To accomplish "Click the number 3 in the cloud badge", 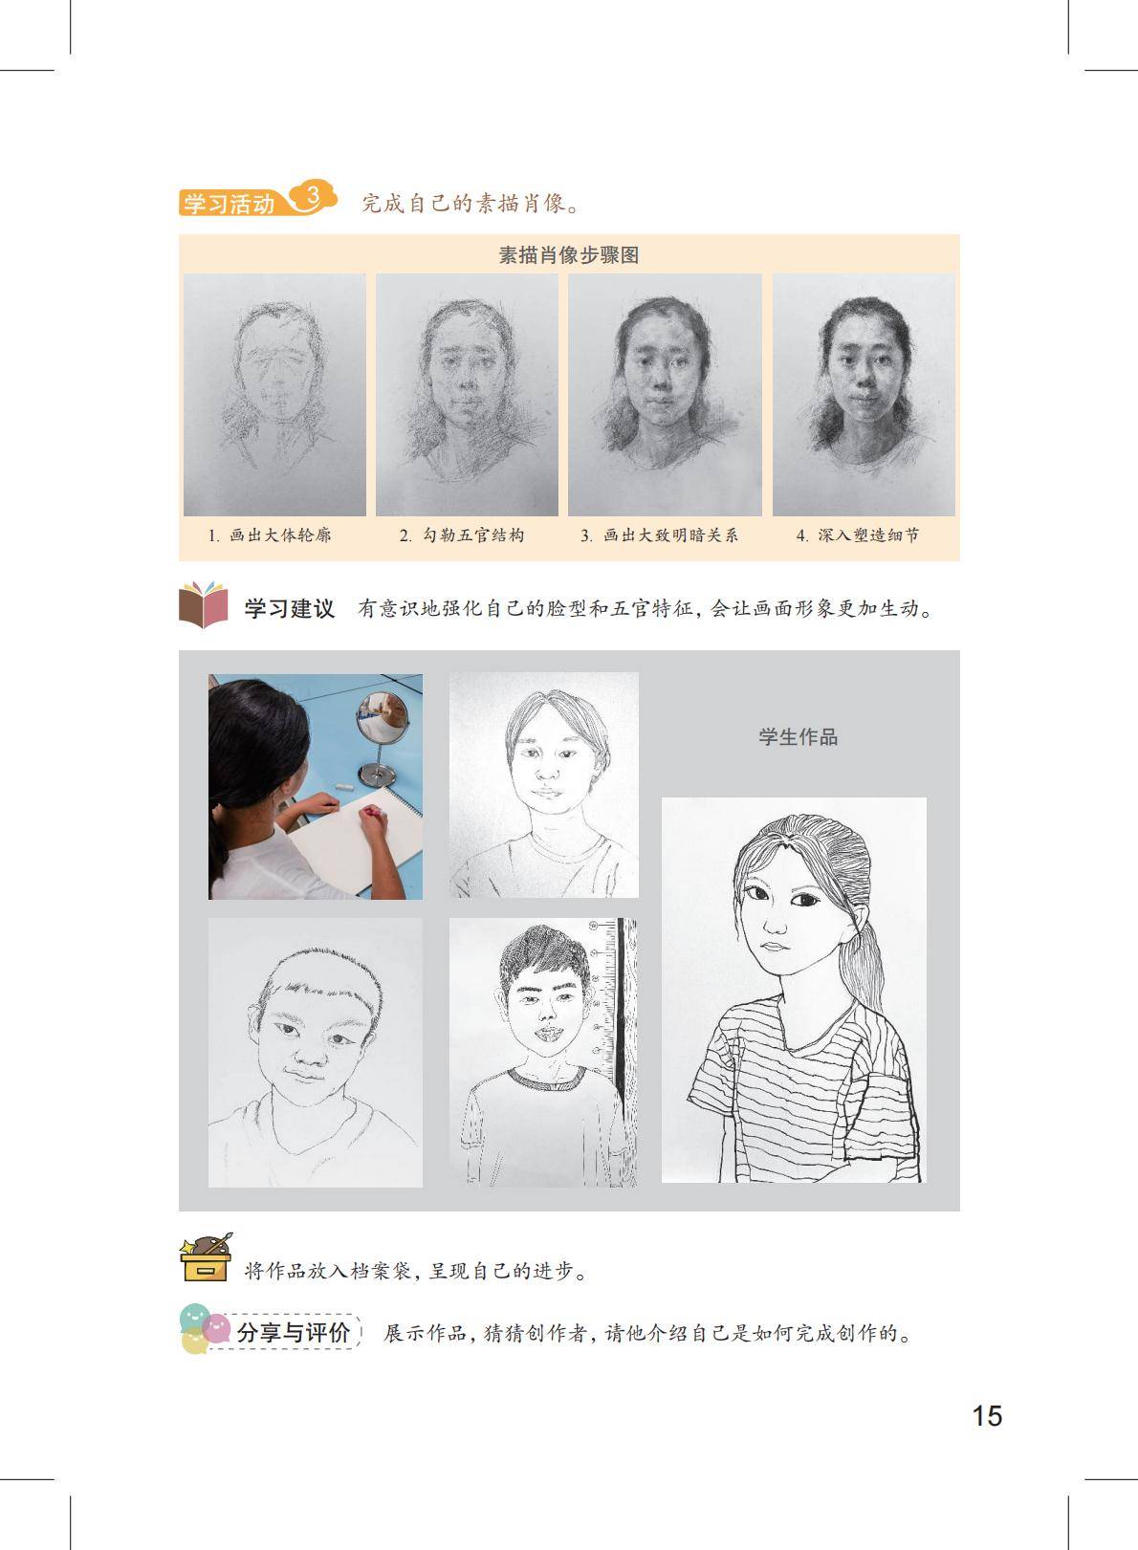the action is pos(312,197).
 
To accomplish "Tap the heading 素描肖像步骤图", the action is pos(569,255).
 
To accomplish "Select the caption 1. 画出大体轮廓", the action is pos(270,535).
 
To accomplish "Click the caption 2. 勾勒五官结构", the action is pos(462,535).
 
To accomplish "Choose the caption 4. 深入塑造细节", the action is pos(859,535).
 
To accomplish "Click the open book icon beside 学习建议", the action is pos(204,604).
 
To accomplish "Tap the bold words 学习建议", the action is pos(290,609).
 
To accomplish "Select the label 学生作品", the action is pos(799,737).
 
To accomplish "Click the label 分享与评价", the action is pos(292,1333).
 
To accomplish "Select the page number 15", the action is pos(987,1416).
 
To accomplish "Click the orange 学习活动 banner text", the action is pos(230,204).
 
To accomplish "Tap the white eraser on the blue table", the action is pos(344,787).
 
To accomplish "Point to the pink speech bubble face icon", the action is pos(217,1328).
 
